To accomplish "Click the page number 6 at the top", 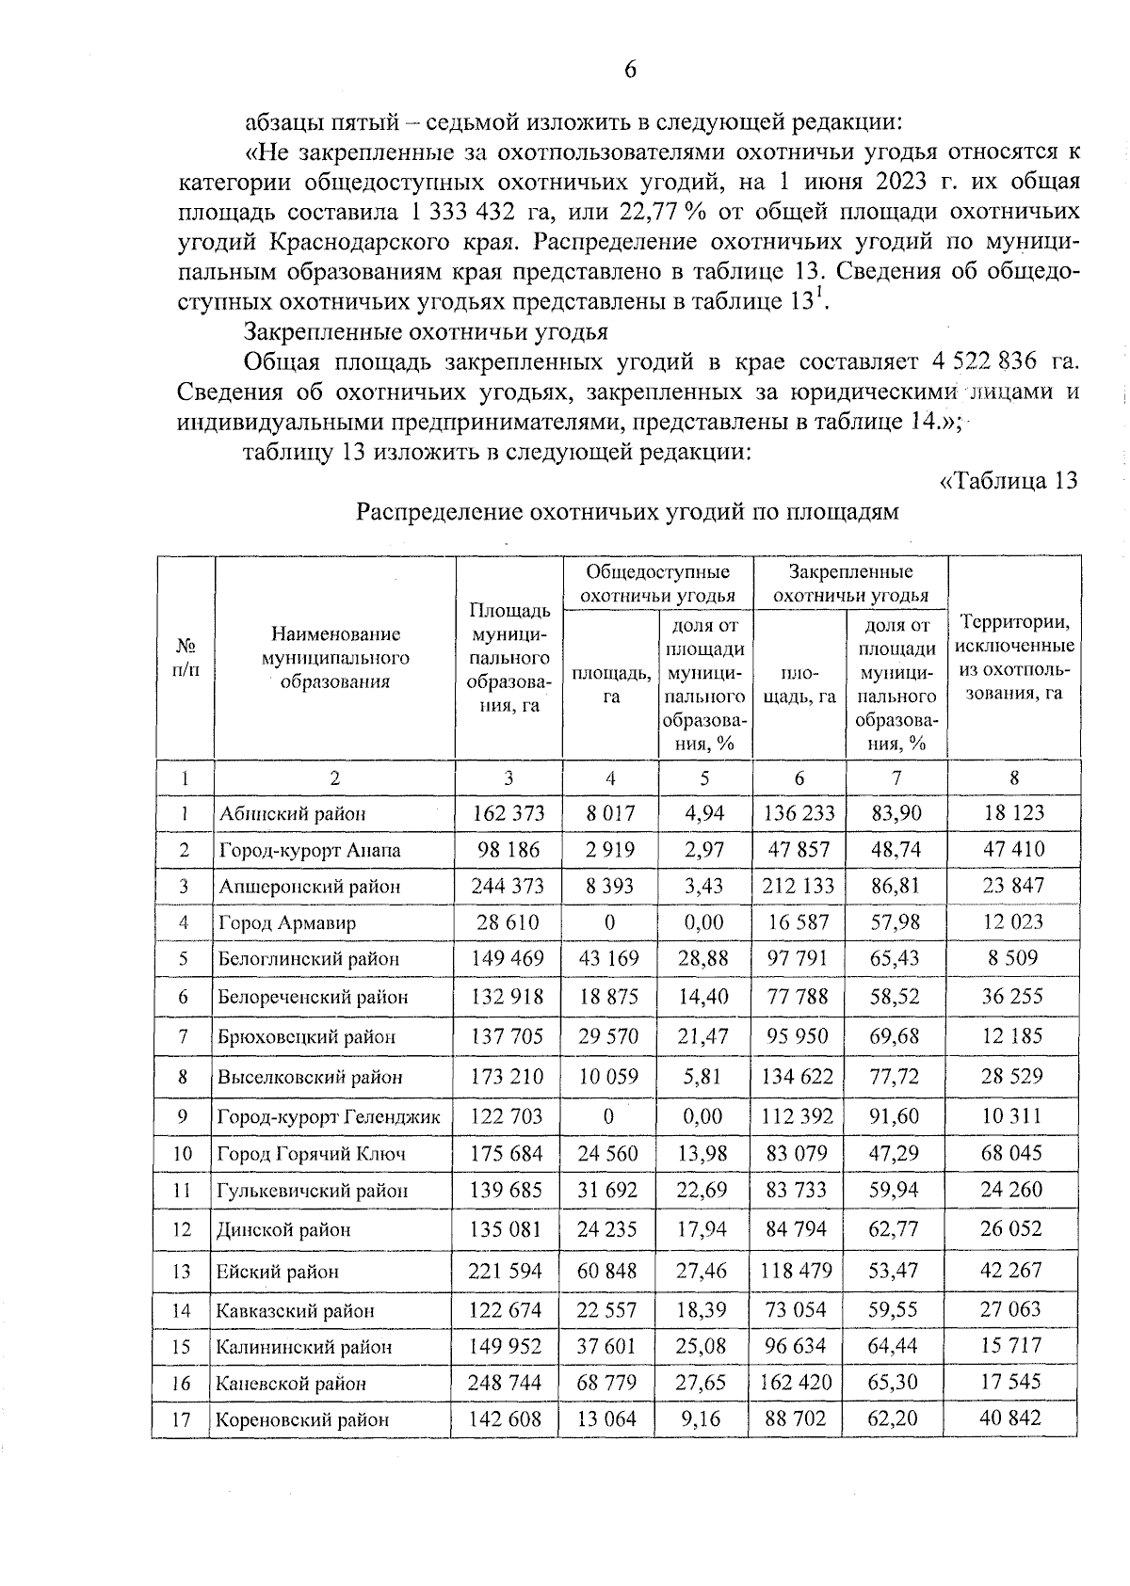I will pos(630,70).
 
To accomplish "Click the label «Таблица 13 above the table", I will pos(1009,481).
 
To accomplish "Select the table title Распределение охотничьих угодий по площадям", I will pos(627,512).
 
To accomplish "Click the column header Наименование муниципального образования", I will pos(335,658).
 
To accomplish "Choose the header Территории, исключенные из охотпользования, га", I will pos(1013,658).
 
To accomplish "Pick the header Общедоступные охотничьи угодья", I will pos(657,584).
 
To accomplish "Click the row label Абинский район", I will pos(292,814).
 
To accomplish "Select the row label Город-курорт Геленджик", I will pos(329,1117).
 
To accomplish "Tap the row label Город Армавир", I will pos(287,922).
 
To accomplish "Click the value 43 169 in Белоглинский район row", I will pos(608,958).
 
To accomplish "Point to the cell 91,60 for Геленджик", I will pos(895,1116).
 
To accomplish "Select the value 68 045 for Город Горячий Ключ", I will pos(1011,1153).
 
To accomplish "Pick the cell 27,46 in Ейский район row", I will pos(702,1271).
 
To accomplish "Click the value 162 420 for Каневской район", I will pos(799,1382).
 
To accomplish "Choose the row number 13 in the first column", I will pos(182,1272).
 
